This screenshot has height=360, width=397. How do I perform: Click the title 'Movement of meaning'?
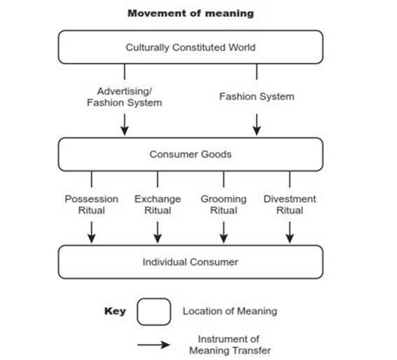(190, 13)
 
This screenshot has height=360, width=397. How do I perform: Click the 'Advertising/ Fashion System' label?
(125, 97)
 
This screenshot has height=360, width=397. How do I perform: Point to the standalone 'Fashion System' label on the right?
(257, 97)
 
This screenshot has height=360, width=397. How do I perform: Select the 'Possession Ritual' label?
(92, 205)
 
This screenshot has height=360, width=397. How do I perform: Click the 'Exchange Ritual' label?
(158, 205)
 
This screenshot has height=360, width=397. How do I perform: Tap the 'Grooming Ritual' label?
(223, 205)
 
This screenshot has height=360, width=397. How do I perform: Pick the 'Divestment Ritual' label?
(290, 205)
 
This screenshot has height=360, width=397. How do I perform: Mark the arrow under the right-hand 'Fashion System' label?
(257, 125)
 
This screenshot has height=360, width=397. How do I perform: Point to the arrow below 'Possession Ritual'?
(92, 233)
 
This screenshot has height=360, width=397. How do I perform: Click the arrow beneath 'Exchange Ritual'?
(158, 233)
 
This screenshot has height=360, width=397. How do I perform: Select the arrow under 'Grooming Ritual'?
(223, 233)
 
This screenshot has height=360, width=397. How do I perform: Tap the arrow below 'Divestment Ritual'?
(290, 233)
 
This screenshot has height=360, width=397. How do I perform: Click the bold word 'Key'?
(115, 311)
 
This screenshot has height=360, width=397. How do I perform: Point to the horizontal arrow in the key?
(153, 345)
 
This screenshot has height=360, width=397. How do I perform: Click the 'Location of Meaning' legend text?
(230, 311)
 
